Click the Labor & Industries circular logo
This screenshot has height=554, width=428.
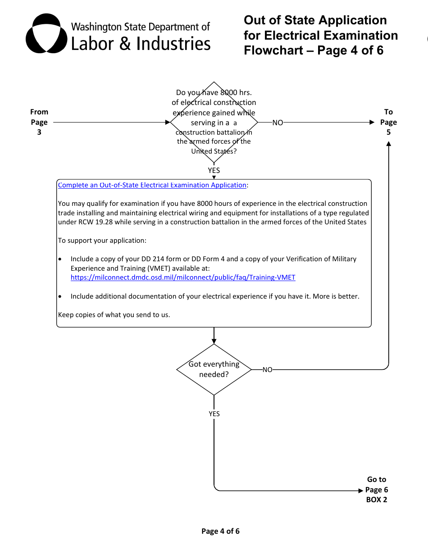tap(43, 34)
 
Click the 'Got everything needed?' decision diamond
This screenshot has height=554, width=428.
tap(214, 369)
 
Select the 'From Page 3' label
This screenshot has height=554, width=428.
tap(39, 122)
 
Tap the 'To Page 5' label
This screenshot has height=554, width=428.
tap(388, 122)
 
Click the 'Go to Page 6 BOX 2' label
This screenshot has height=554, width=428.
tap(377, 490)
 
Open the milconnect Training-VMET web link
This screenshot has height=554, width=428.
tap(183, 277)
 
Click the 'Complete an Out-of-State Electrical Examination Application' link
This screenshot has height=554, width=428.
tap(152, 185)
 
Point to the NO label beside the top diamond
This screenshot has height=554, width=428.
tap(278, 123)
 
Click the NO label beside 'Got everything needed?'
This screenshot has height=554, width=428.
tap(268, 370)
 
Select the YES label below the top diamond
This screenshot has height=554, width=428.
tap(214, 170)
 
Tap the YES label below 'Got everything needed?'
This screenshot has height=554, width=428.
tap(214, 413)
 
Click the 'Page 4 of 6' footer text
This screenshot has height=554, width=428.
tap(220, 531)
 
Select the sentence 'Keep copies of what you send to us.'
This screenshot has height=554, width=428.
tap(114, 315)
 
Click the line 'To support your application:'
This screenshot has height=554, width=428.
tap(102, 241)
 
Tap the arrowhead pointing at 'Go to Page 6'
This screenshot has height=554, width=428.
tap(360, 490)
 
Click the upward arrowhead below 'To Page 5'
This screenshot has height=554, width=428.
tap(388, 143)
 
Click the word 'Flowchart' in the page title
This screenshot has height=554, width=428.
tap(273, 50)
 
